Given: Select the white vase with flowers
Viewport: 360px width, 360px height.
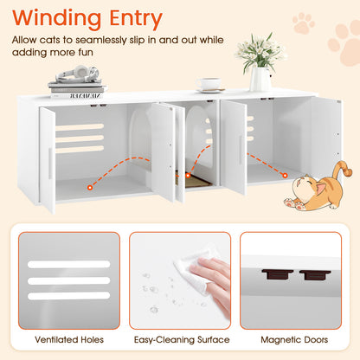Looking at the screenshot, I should coord(260,66).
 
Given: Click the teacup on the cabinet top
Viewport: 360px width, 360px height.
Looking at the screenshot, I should coord(209,85).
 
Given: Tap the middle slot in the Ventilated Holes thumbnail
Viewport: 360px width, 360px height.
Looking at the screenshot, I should coord(68,280).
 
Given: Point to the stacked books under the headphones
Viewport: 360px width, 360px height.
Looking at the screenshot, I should coord(76,87).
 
